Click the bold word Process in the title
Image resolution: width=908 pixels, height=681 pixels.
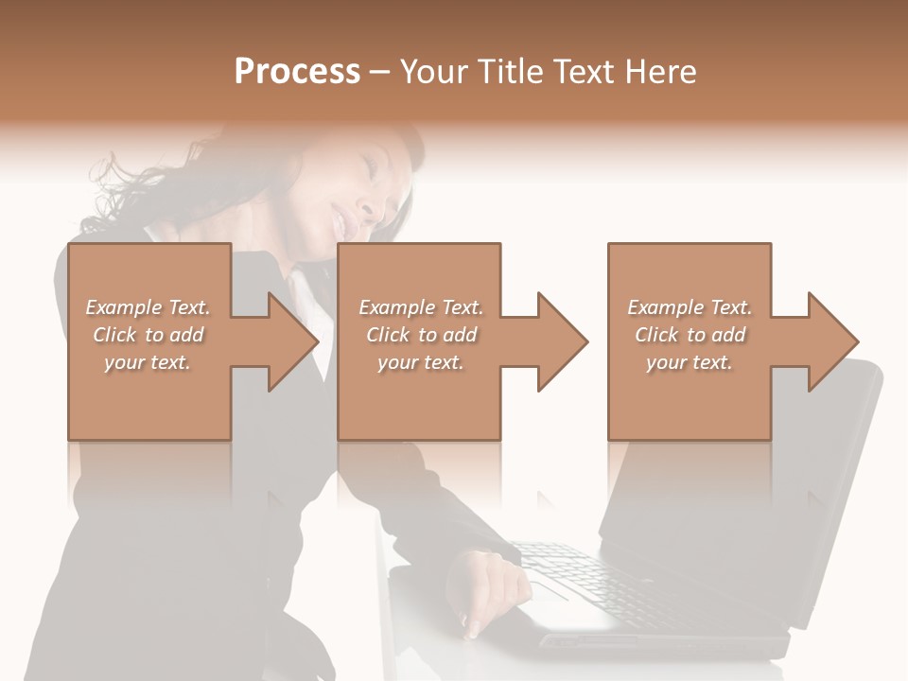pos(297,72)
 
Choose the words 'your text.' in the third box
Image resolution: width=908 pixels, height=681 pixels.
pos(689,362)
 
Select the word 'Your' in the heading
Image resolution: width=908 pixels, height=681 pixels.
pos(435,72)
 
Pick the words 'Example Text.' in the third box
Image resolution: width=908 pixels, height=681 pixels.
pos(689,307)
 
